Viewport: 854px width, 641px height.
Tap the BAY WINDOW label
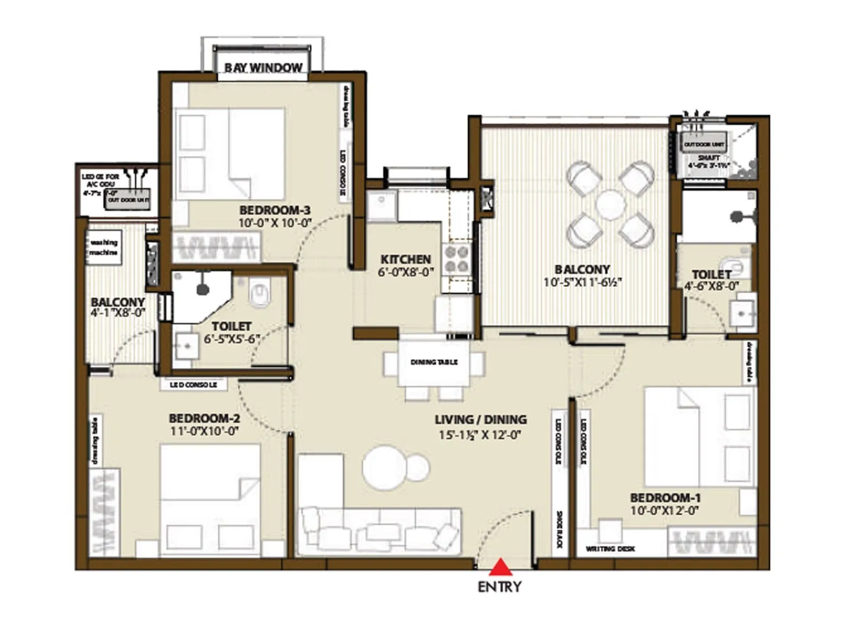(x=263, y=68)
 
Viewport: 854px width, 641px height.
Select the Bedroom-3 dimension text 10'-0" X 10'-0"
(x=274, y=223)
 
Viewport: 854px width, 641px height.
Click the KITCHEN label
(x=406, y=259)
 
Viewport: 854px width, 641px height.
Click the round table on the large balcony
(x=610, y=205)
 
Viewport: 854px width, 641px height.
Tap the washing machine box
(x=104, y=247)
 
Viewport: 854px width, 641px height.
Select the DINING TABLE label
(x=434, y=362)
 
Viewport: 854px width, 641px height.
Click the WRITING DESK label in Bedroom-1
(x=610, y=549)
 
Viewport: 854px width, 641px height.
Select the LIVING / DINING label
(x=480, y=419)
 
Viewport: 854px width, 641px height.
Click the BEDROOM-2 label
(x=204, y=418)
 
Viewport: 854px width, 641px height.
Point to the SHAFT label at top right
(x=708, y=158)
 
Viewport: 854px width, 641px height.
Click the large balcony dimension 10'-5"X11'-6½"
(x=583, y=282)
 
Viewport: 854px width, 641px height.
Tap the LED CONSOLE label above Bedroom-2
(x=193, y=385)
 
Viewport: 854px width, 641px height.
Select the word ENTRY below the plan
(x=500, y=587)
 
